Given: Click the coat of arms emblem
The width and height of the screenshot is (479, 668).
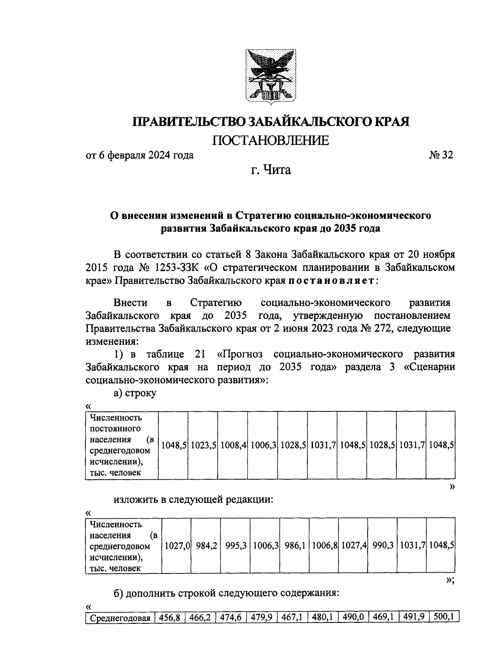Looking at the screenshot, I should click(271, 76).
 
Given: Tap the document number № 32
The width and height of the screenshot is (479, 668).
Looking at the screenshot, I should click(441, 155).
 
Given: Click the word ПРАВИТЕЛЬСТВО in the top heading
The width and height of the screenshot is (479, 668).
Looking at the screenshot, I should click(190, 121).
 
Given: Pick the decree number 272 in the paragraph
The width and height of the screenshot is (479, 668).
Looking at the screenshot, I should click(384, 328).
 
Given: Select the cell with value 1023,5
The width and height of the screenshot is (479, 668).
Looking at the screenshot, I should click(203, 445).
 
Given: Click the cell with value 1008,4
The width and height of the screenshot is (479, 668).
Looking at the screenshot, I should click(233, 445).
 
